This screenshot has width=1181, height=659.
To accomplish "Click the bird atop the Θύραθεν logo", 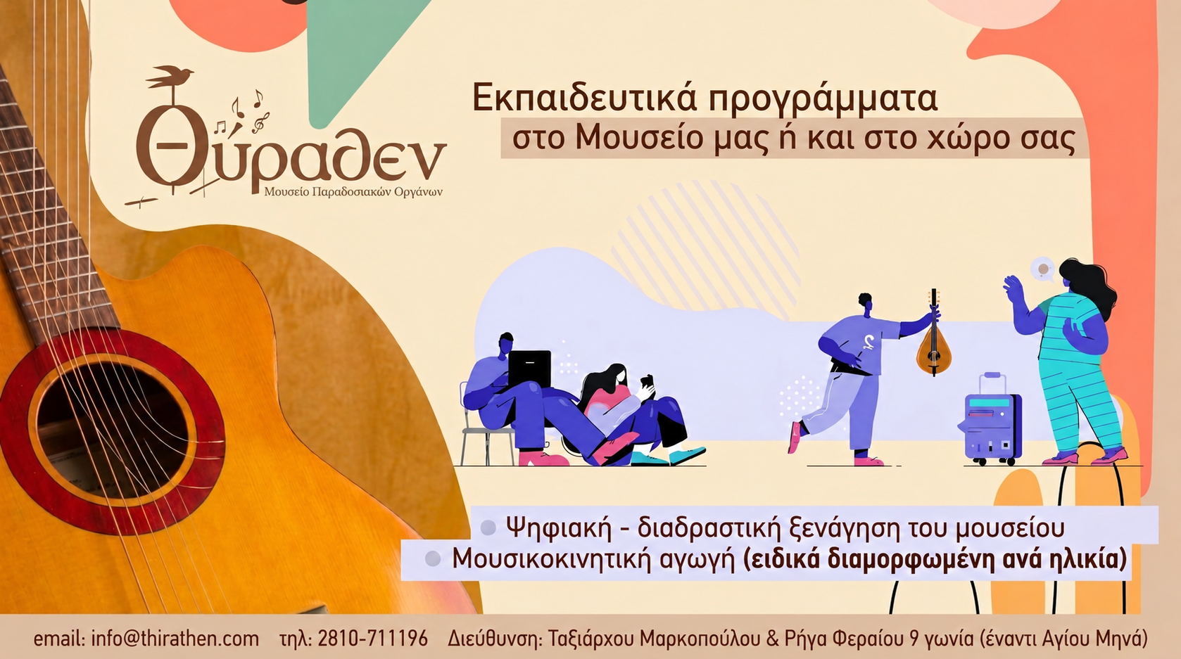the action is [x=170, y=77].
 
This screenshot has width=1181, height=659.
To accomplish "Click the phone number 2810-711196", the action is [x=373, y=639].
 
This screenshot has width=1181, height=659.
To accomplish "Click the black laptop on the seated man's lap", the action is [x=529, y=369].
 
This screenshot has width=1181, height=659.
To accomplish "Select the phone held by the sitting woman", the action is [x=647, y=381].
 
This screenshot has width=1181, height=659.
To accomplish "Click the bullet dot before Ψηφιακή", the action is [x=488, y=527].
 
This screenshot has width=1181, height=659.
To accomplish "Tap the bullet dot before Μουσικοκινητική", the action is [x=433, y=559].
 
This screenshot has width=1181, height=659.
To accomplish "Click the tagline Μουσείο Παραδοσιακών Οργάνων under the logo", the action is [x=353, y=192].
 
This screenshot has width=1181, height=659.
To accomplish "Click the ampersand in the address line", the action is [x=772, y=639].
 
